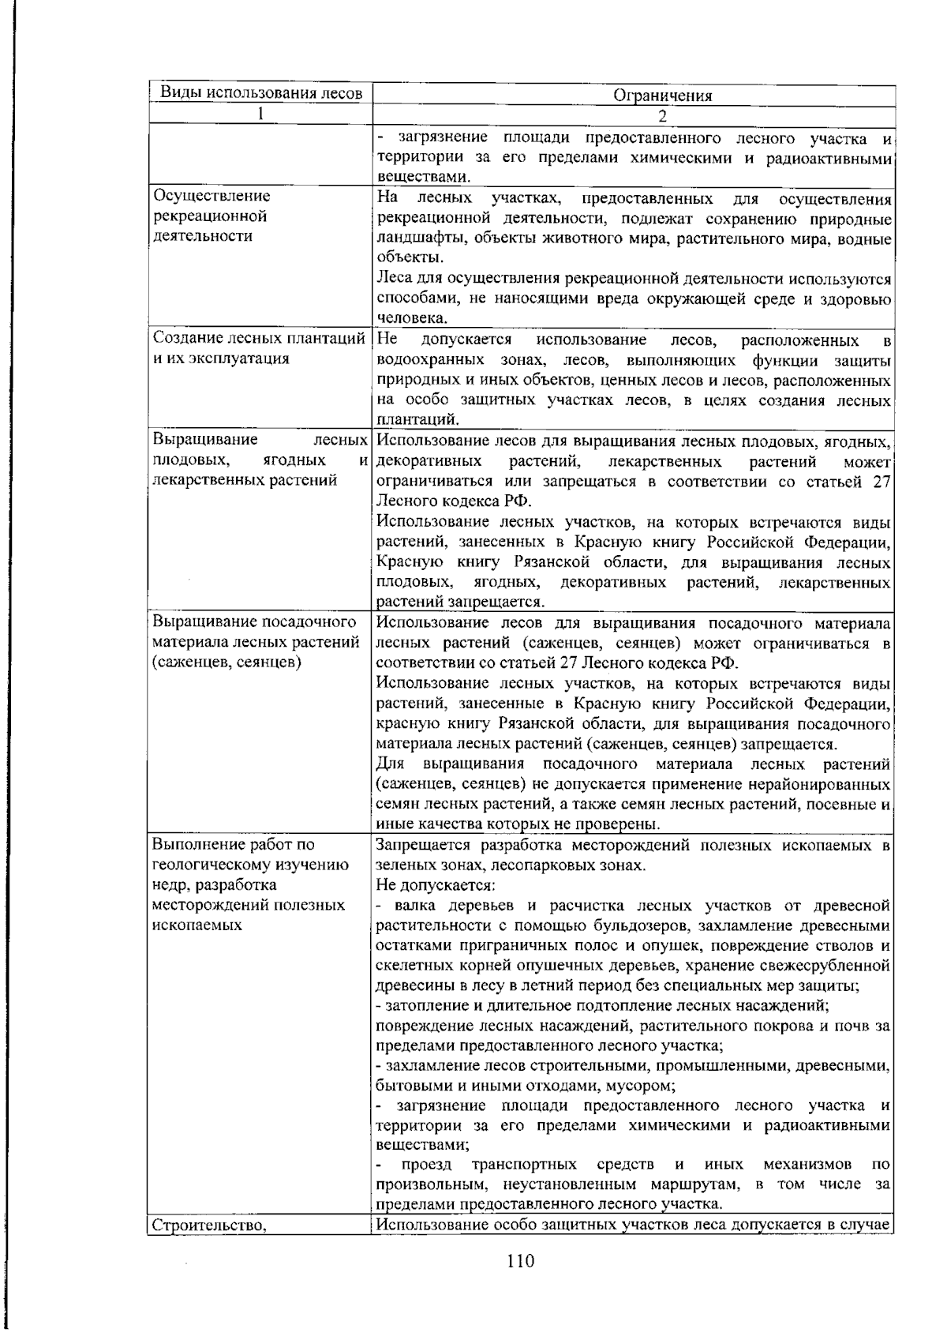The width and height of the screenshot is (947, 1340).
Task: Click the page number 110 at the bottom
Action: coord(521,1261)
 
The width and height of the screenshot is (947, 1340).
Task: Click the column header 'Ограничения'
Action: coord(662,96)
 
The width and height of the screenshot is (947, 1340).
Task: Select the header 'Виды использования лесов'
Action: coord(261,93)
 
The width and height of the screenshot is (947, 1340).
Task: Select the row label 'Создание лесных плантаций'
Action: coord(260,340)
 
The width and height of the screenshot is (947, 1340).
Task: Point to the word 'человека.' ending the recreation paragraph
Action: coord(411,318)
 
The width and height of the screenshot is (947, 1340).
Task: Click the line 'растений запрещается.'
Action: coord(460,602)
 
